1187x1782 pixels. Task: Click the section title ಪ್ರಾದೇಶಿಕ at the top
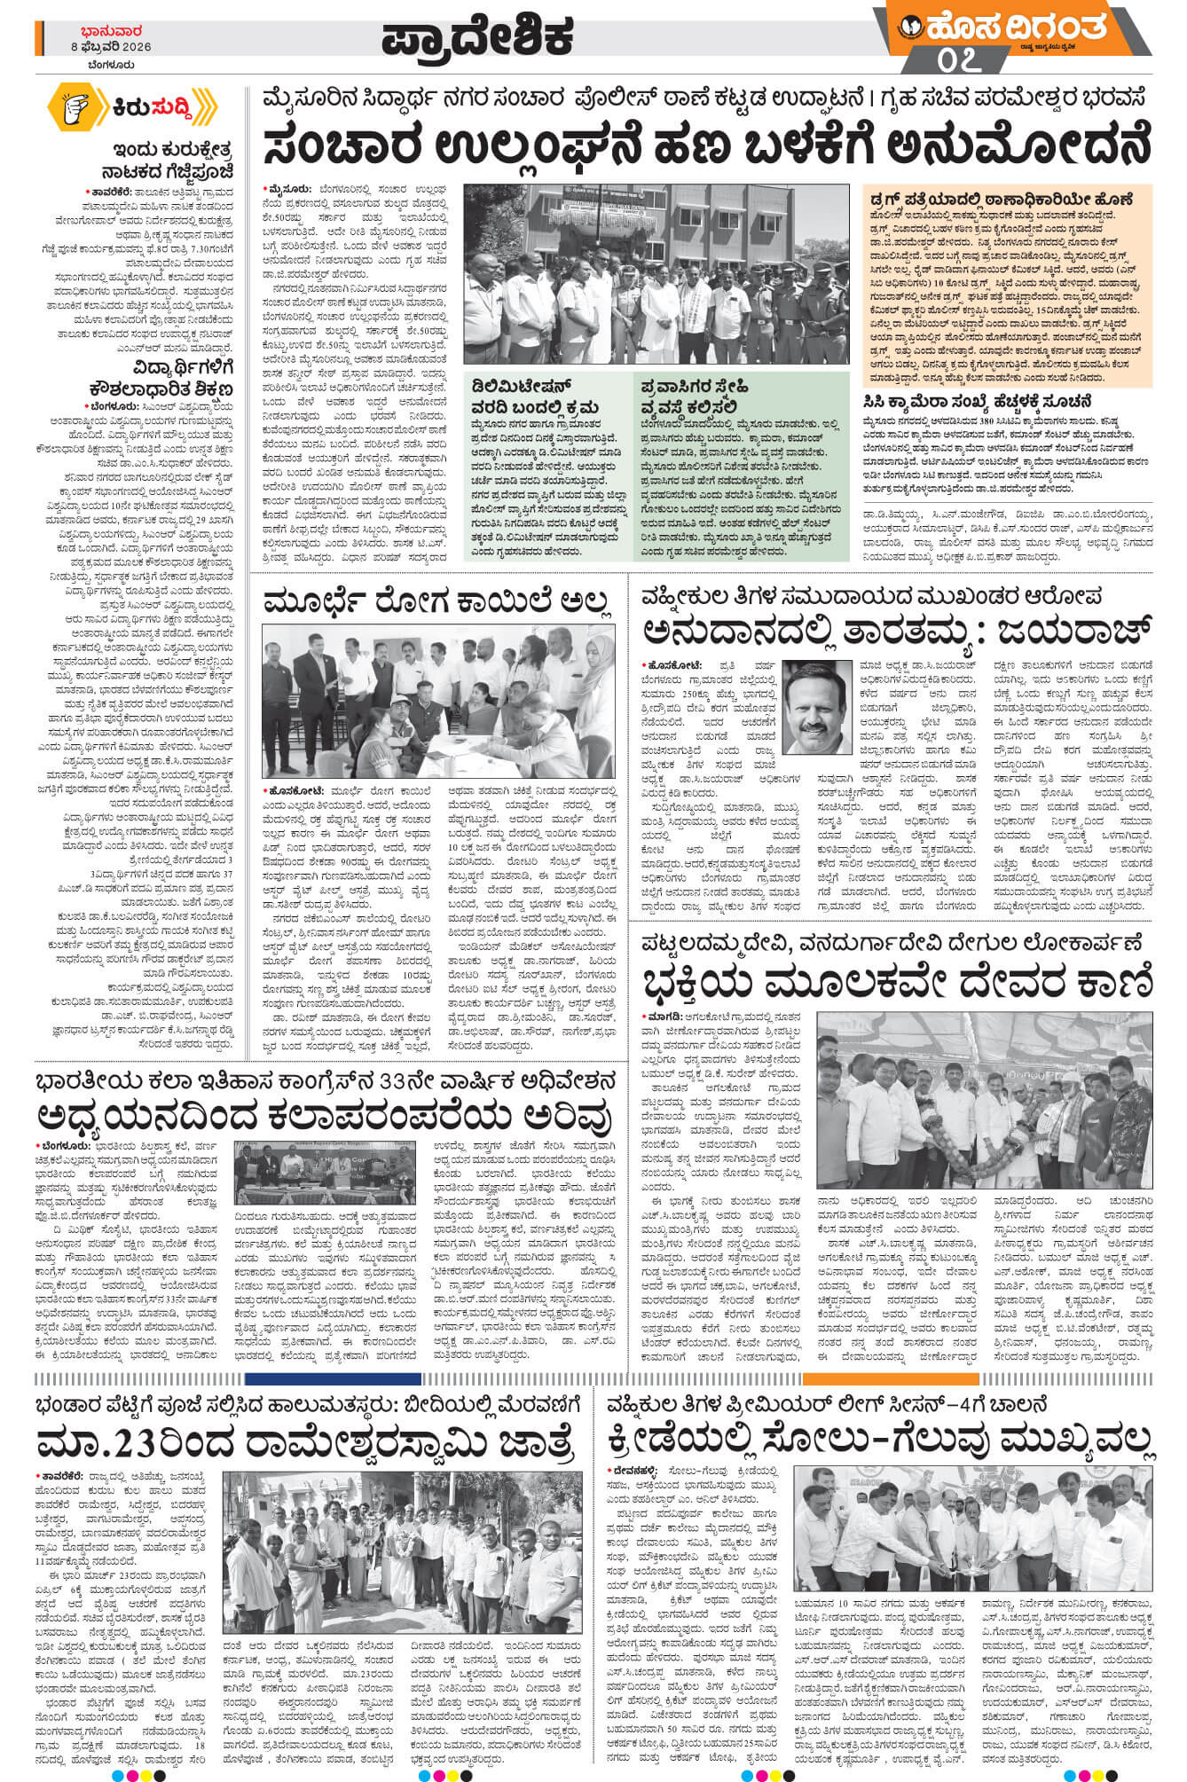[x=478, y=37]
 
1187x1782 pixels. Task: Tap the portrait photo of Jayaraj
[x=815, y=707]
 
